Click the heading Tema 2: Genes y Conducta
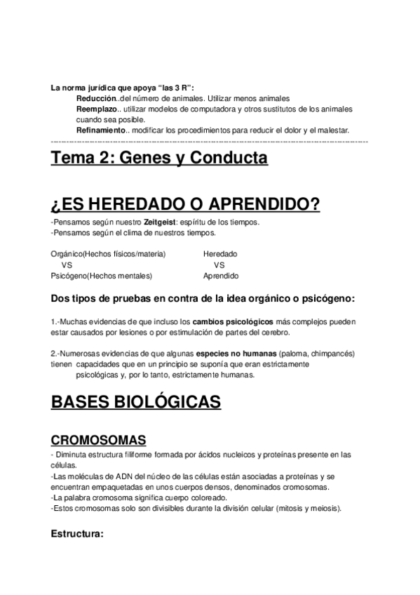(159, 158)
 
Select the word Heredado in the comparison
(220, 253)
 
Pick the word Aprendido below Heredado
(221, 276)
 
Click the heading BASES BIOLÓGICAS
(136, 402)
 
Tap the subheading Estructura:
(78, 535)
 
